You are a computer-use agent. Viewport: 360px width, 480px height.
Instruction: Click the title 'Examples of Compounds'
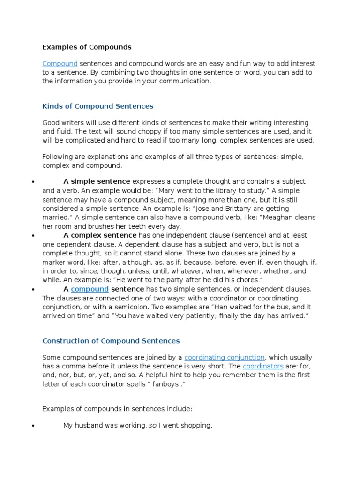[x=87, y=47]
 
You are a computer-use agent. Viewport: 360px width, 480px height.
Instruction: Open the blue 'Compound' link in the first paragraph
[x=60, y=63]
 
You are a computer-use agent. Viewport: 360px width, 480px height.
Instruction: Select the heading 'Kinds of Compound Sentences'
[x=97, y=106]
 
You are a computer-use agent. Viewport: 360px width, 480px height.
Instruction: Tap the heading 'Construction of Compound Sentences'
[x=111, y=341]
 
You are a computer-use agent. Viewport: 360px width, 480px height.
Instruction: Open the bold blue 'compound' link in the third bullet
[x=90, y=289]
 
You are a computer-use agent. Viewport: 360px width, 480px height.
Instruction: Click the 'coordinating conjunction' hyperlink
[x=225, y=357]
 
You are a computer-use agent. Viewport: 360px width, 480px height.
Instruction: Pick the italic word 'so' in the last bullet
[x=152, y=426]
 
